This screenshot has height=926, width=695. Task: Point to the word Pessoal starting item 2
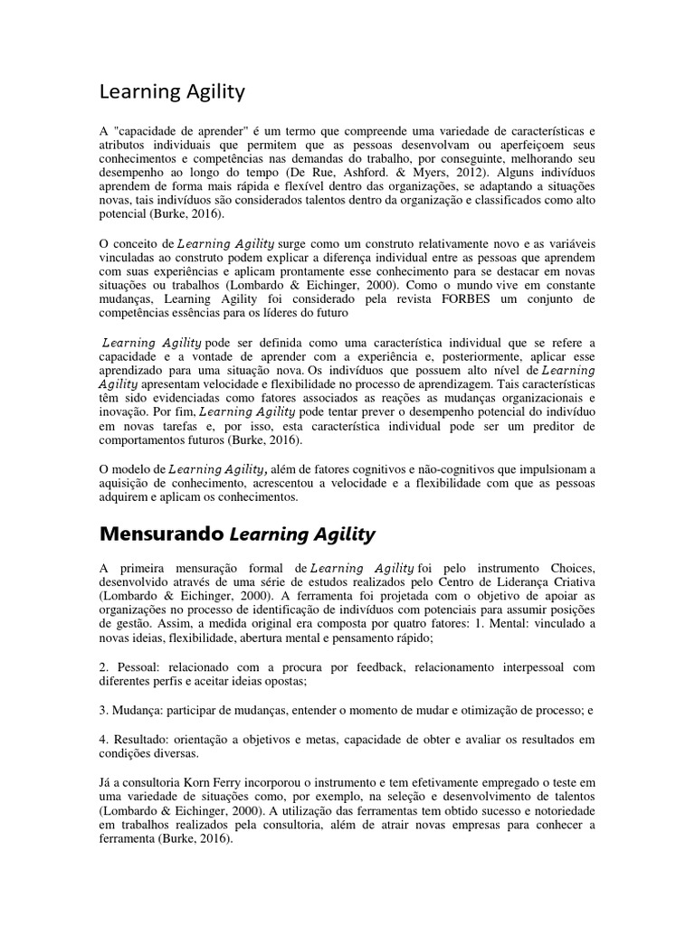(135, 667)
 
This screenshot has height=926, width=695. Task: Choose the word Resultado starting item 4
(141, 740)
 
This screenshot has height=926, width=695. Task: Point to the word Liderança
(513, 581)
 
